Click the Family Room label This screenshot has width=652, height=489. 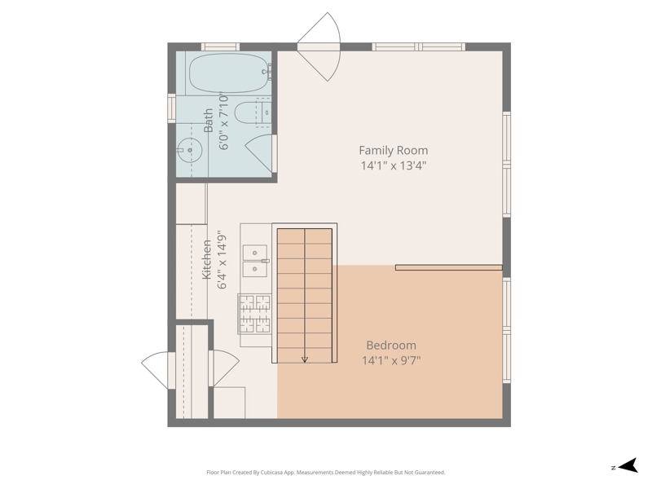(394, 150)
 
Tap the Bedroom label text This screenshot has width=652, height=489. (391, 345)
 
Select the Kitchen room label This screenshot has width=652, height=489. (207, 259)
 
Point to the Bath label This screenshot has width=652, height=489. (209, 120)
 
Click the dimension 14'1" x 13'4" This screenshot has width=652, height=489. (394, 166)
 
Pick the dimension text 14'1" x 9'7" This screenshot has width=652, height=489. (391, 360)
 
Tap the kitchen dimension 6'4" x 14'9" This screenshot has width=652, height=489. (222, 260)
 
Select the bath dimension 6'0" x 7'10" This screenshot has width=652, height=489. (223, 121)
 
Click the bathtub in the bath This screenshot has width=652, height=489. (230, 73)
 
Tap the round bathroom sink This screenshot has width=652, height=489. (190, 150)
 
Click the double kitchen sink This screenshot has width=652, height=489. (255, 261)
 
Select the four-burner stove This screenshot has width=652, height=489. (254, 314)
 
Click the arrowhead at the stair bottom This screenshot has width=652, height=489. (305, 359)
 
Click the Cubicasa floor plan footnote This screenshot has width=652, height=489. (326, 473)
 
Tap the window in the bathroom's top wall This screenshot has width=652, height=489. (220, 46)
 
